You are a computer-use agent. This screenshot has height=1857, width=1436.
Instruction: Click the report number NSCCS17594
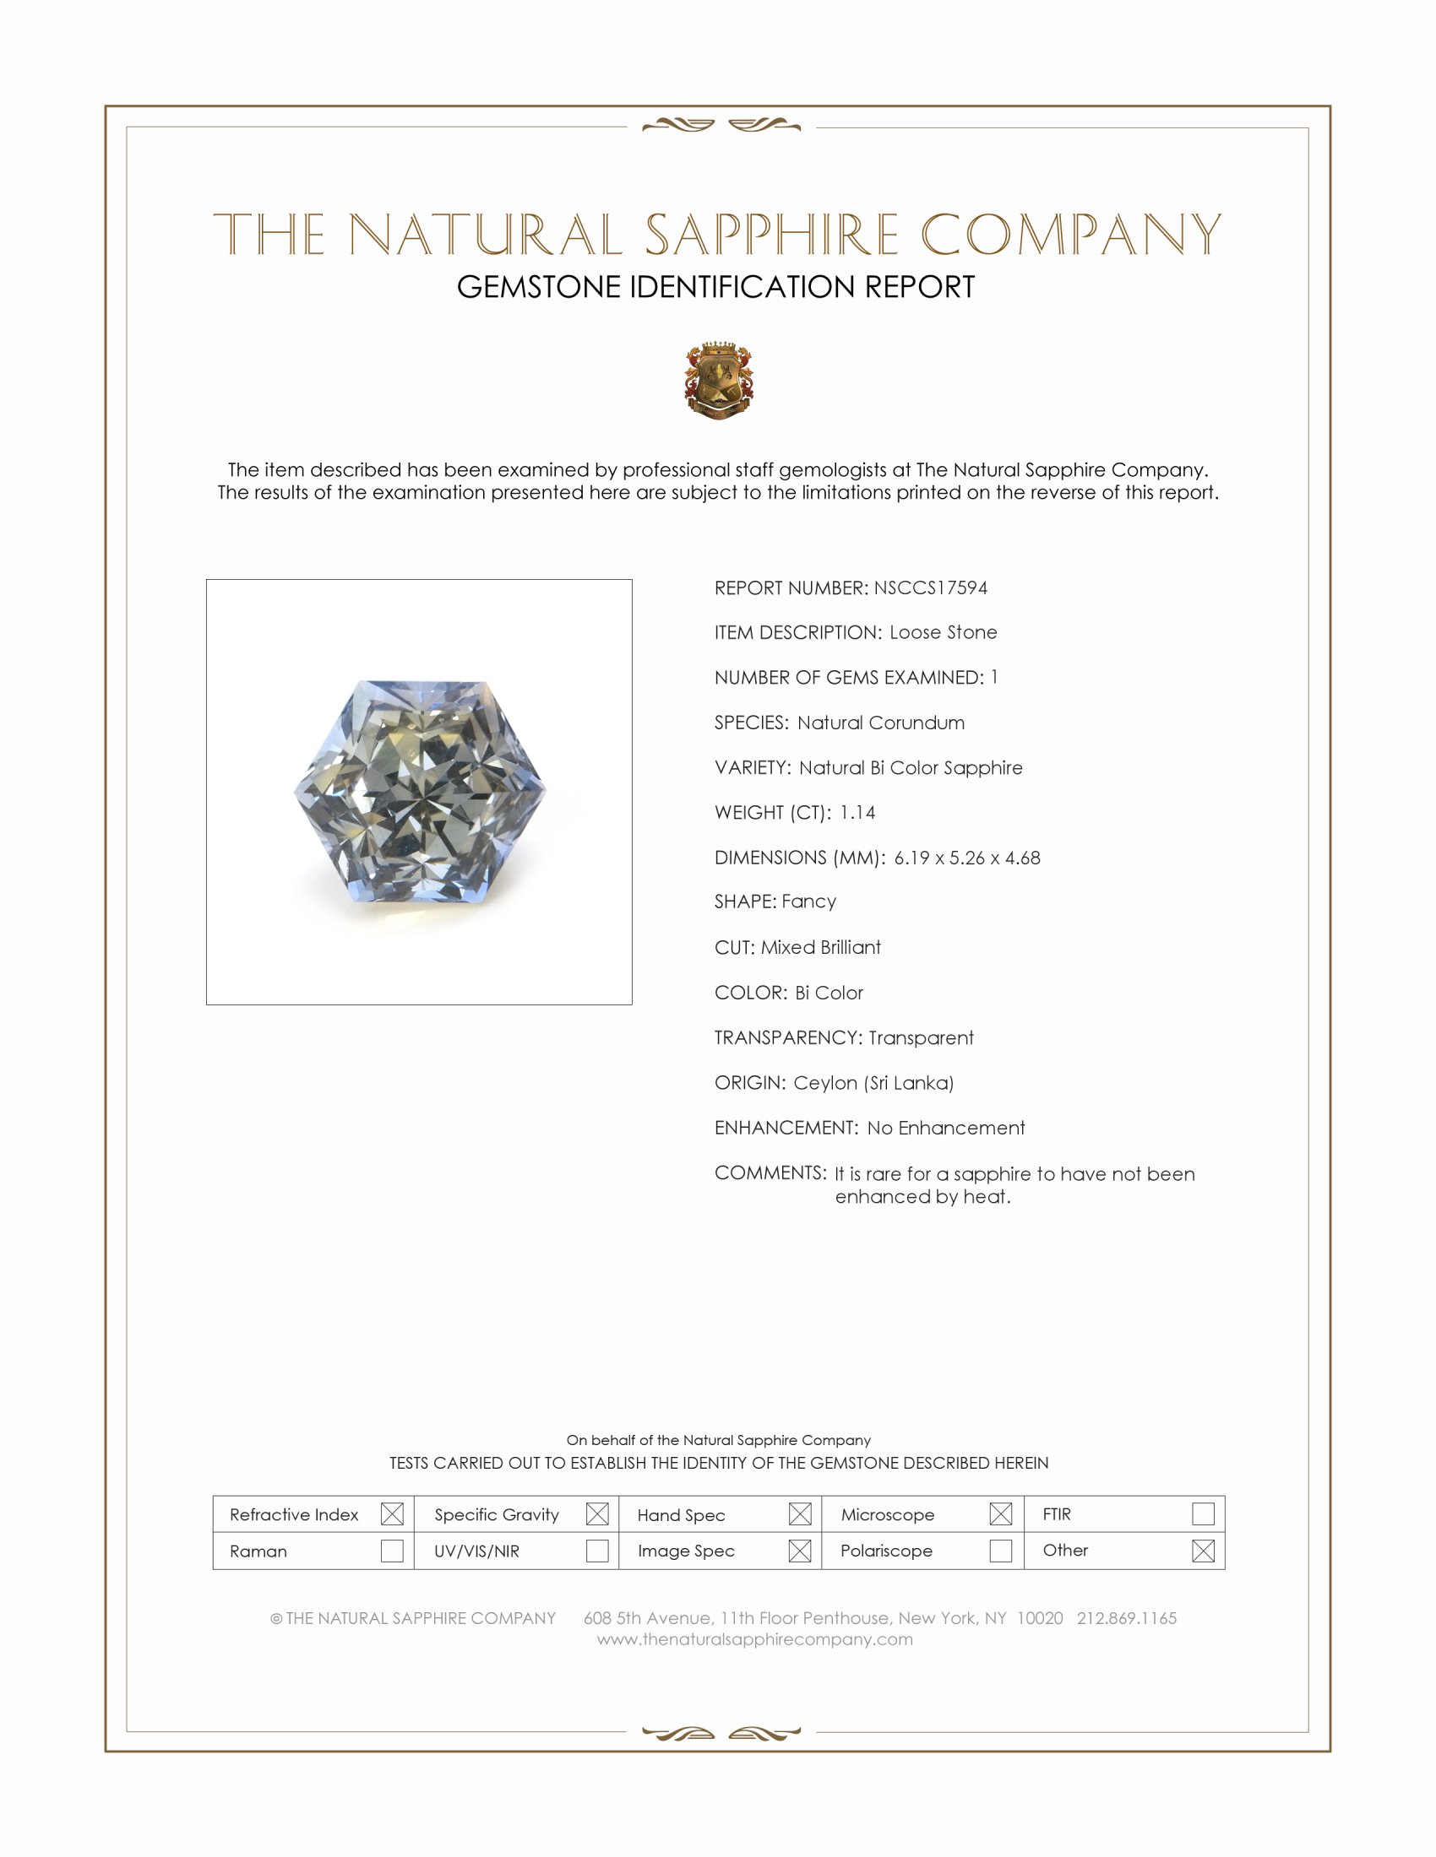(x=930, y=587)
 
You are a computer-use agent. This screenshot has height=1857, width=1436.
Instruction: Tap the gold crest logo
(x=719, y=380)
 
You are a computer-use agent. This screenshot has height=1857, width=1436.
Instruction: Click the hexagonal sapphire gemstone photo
(x=420, y=792)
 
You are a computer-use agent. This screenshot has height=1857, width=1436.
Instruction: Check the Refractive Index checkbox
(x=392, y=1514)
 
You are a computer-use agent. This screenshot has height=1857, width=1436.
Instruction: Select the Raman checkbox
(x=392, y=1551)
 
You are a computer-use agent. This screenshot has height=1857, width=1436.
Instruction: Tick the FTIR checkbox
(x=1203, y=1514)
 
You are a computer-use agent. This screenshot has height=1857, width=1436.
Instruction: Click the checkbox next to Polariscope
(x=1001, y=1551)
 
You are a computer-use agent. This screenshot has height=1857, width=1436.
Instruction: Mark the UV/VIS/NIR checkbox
(x=597, y=1551)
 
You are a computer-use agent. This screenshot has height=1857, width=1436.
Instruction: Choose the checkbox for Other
(x=1203, y=1551)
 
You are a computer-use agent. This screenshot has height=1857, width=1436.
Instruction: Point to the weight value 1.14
(x=857, y=813)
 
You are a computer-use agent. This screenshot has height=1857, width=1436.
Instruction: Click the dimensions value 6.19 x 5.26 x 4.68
(x=966, y=858)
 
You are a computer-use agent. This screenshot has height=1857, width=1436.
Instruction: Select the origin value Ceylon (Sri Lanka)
(x=873, y=1083)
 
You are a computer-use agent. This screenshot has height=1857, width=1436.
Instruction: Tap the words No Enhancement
(x=946, y=1129)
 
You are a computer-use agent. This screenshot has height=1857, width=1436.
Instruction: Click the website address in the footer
(x=754, y=1639)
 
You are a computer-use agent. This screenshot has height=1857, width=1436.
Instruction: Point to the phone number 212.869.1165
(x=1126, y=1618)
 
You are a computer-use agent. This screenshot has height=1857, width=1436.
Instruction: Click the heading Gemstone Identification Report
(x=715, y=287)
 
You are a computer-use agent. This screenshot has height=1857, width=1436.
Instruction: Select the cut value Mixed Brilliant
(x=821, y=947)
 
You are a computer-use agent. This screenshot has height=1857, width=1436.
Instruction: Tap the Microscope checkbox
(x=1001, y=1514)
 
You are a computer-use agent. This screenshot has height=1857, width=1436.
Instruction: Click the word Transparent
(x=921, y=1038)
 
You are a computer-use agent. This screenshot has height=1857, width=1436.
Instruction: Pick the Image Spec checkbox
(x=800, y=1551)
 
